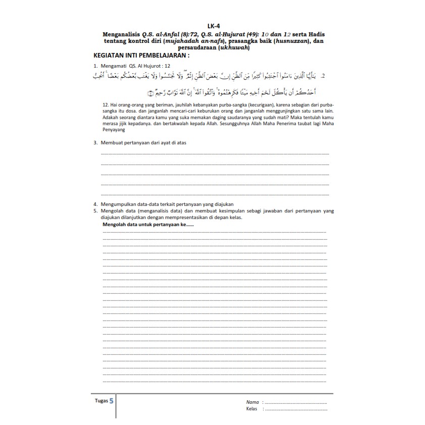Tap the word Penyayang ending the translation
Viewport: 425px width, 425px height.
(x=115, y=129)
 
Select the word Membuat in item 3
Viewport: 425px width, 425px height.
(x=111, y=143)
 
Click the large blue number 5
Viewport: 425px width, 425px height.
(x=112, y=401)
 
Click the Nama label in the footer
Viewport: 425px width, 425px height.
(x=252, y=402)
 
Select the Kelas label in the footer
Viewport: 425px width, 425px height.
(x=252, y=409)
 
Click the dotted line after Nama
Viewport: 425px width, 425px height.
(x=296, y=403)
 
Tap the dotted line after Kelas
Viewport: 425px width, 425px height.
(x=296, y=410)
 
